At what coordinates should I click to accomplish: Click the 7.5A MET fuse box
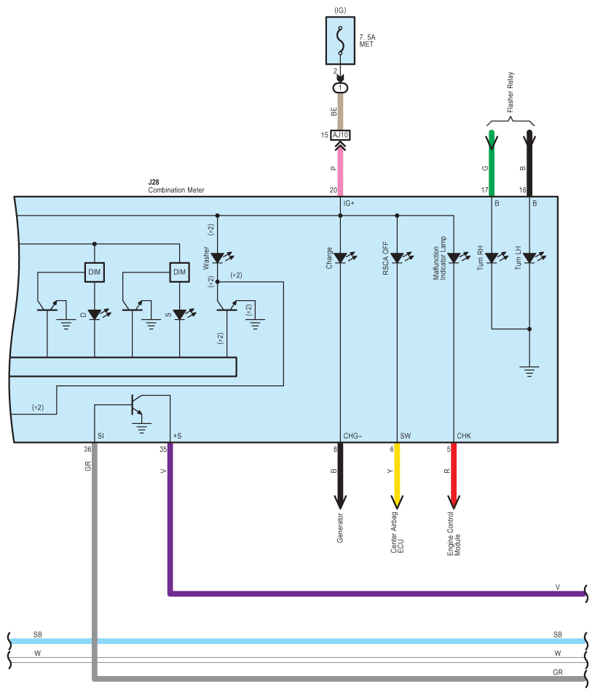tap(340, 41)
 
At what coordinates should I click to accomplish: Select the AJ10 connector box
tap(340, 135)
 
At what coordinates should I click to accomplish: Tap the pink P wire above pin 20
tap(340, 171)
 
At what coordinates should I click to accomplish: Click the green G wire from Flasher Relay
tap(492, 163)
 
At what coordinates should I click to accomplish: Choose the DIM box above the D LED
tap(95, 272)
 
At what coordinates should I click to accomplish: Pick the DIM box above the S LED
tap(179, 272)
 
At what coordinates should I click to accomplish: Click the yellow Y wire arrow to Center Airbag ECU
tap(397, 476)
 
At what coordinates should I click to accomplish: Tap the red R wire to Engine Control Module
tap(453, 476)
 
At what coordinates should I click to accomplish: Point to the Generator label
tap(340, 528)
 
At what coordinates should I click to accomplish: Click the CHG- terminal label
tap(352, 436)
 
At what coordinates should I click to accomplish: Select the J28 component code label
tap(154, 182)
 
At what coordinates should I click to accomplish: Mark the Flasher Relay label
tap(511, 92)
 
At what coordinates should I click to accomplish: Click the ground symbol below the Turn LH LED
tap(529, 371)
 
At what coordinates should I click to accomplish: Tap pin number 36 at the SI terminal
tap(87, 449)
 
